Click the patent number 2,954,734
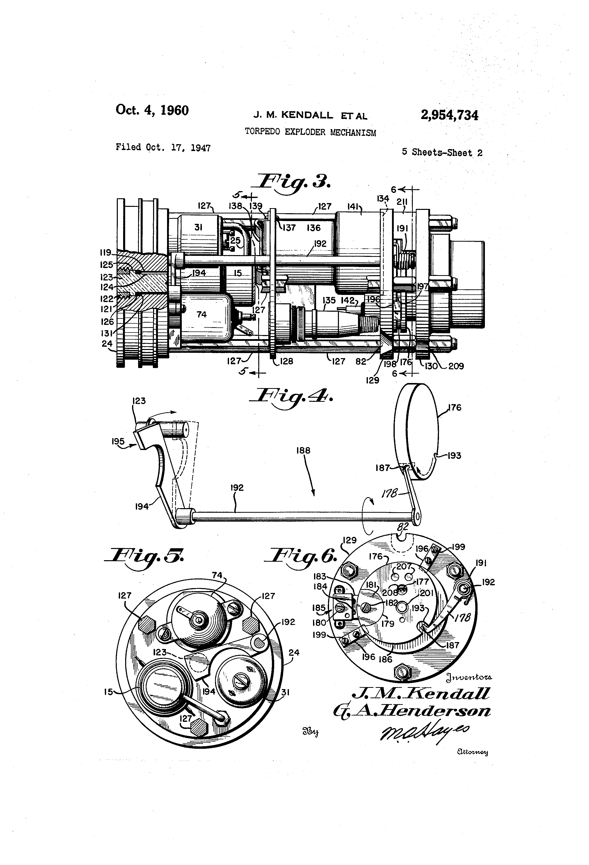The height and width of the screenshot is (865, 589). point(449,115)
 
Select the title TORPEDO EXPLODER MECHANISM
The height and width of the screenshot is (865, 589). point(310,132)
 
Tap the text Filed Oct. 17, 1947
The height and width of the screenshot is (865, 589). point(163,148)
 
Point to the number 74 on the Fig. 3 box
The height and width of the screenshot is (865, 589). point(201,315)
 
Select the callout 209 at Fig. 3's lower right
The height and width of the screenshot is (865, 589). point(456,366)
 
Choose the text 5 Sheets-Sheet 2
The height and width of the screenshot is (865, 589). point(442,153)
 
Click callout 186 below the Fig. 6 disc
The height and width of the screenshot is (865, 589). point(385,660)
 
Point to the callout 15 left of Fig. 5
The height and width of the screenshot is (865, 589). point(108,693)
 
